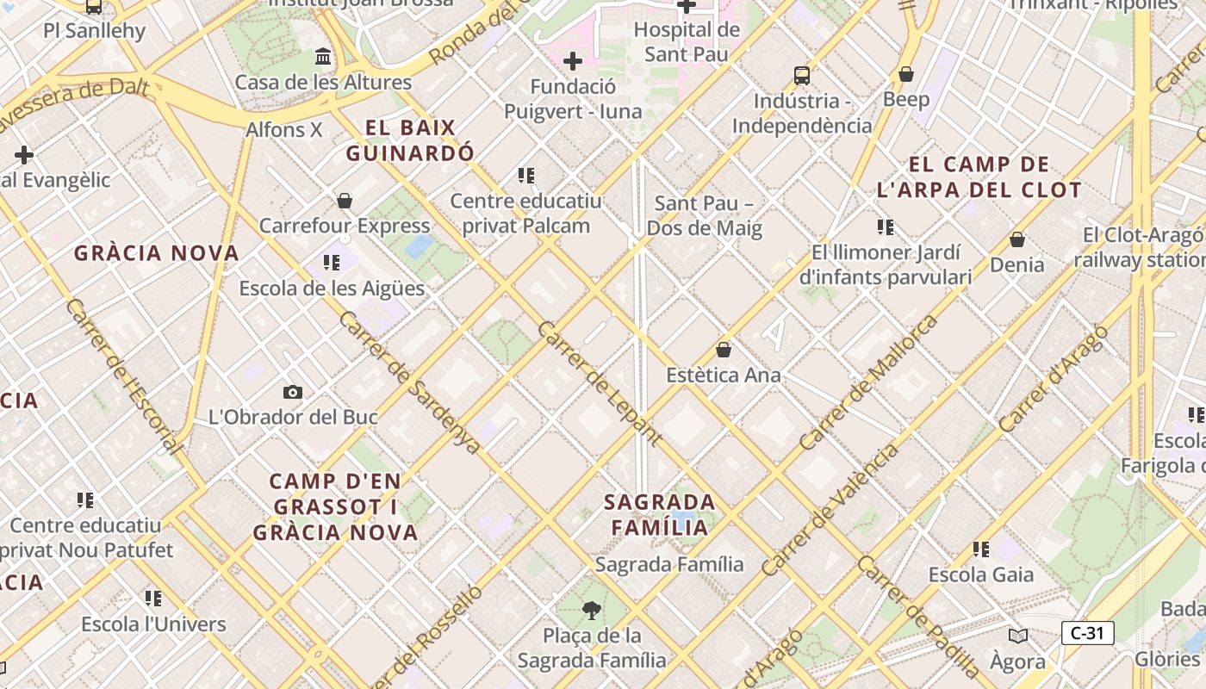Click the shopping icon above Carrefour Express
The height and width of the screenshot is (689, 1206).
345,201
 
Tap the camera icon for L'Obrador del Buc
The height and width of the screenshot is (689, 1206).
293,392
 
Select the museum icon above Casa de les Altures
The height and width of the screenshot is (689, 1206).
323,57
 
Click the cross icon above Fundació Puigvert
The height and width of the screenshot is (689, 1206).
572,61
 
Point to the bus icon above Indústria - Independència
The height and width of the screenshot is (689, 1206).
802,75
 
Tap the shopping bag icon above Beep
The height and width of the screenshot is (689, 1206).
906,74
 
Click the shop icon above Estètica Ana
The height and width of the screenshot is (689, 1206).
724,350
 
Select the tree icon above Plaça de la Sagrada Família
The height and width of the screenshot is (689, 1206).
591,611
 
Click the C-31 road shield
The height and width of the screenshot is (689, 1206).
1087,633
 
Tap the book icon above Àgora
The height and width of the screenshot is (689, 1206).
1018,636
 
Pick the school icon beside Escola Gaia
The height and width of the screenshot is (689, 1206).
980,549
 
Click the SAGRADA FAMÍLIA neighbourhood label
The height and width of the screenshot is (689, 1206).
660,514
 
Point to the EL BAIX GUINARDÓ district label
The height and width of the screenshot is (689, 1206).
410,140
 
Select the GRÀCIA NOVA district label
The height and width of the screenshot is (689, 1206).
157,253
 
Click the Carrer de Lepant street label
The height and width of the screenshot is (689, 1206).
600,383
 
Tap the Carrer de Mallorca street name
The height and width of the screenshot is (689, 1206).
868,382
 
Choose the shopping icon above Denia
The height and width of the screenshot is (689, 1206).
1016,239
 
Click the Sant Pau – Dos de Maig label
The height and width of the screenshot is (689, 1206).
705,215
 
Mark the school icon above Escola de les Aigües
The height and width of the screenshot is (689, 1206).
332,262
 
